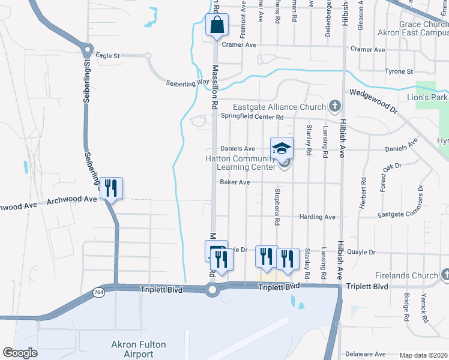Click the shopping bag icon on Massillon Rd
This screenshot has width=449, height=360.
point(217,26)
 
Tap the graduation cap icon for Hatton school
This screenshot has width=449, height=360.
point(282,148)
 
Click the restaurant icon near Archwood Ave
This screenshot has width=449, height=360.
point(111,188)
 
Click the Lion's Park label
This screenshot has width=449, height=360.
point(427,97)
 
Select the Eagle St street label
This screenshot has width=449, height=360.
point(108,56)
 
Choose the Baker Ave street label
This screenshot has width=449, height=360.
point(235,182)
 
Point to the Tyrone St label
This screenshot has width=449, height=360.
point(399,71)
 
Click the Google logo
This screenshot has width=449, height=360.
point(20,353)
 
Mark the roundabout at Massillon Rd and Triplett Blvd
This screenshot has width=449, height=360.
point(212,291)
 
